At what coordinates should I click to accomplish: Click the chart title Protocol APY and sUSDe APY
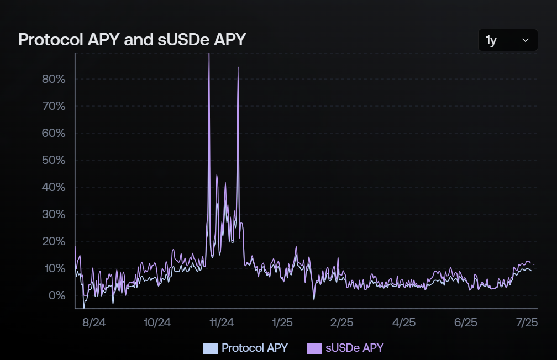coord(132,40)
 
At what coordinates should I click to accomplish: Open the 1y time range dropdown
coord(508,40)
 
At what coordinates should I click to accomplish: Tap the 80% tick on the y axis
coord(54,79)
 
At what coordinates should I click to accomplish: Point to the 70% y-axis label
coord(54,106)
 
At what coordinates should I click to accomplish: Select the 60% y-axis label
coord(54,133)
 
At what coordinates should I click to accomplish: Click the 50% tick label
coord(54,160)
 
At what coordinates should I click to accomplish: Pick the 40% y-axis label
coord(54,187)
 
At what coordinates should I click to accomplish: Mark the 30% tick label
coord(54,214)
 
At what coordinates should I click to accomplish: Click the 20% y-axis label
coord(54,241)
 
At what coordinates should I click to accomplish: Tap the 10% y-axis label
coord(54,268)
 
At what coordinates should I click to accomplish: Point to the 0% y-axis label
coord(56,295)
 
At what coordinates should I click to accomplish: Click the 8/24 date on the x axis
coord(94,322)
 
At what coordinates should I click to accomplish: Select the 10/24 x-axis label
coord(157,322)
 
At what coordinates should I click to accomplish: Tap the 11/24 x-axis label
coord(222,322)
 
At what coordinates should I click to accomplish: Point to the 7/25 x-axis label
coord(526,322)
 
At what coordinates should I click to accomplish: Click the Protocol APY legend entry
coord(246,348)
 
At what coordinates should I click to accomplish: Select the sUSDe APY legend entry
coord(345,348)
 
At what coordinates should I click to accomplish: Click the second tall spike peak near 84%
coord(238,68)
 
